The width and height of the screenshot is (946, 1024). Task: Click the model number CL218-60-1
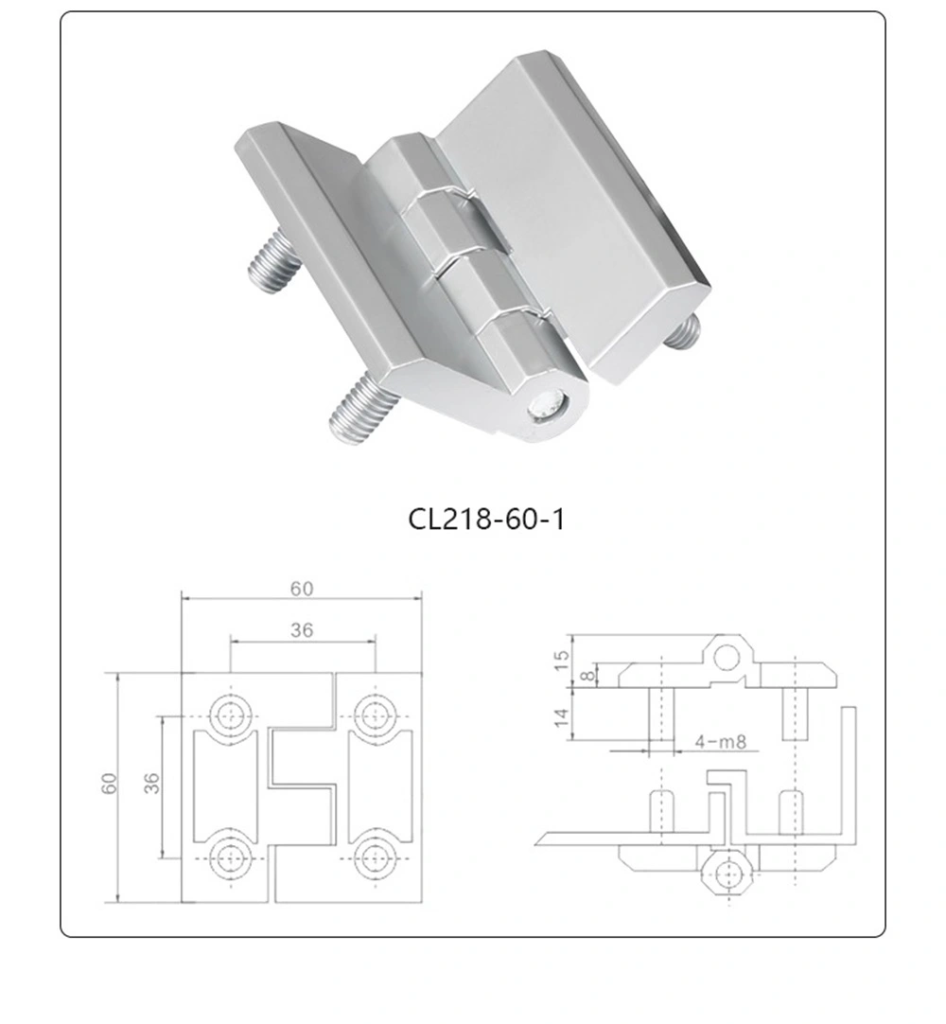tap(485, 519)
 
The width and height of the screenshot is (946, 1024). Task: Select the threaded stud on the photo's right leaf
tap(683, 330)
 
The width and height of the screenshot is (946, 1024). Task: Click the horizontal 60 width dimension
tap(301, 589)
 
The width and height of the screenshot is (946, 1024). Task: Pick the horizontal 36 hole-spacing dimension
tap(302, 630)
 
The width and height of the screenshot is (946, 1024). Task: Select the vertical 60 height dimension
tap(110, 785)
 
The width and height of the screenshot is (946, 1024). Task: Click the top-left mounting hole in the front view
tap(229, 715)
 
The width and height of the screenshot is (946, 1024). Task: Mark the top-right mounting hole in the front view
tap(376, 715)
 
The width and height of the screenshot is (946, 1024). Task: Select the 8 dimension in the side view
tap(587, 675)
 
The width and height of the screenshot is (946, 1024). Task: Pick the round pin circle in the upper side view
tap(727, 656)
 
